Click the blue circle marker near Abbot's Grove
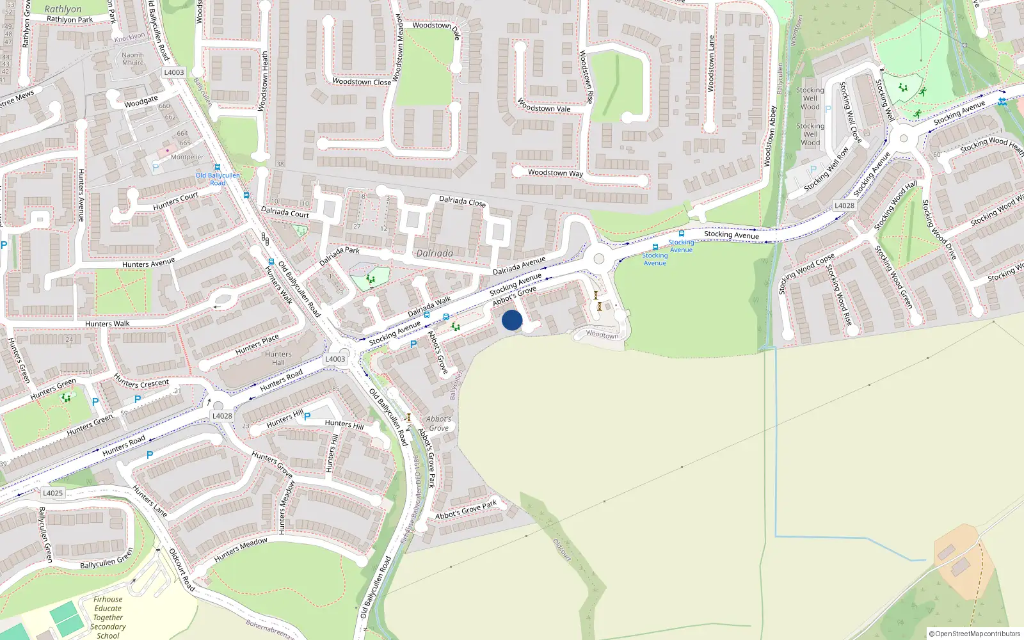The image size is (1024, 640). (x=512, y=320)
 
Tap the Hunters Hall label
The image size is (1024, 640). (x=278, y=358)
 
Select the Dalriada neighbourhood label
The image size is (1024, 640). (x=435, y=253)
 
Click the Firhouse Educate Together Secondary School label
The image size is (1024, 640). (x=108, y=618)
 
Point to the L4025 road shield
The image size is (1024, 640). (x=52, y=493)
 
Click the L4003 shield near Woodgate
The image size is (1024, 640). (x=173, y=72)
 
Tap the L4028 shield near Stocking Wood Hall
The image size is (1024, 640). (x=844, y=205)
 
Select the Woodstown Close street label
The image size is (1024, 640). (x=362, y=82)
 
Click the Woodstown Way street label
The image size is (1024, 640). (x=556, y=173)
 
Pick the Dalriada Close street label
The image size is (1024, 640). (x=462, y=202)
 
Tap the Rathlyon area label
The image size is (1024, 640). (x=63, y=9)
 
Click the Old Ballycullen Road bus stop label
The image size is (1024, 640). (x=218, y=179)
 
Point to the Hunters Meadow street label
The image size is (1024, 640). (x=241, y=550)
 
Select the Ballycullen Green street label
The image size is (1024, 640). (x=107, y=558)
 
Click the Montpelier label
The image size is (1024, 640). (x=187, y=157)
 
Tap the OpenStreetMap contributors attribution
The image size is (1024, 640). (x=974, y=634)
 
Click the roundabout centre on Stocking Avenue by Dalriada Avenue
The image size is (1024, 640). (x=599, y=259)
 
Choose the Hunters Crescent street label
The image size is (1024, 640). (x=141, y=383)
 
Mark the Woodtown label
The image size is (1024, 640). (x=602, y=334)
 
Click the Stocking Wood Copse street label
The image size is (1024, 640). (x=806, y=274)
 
